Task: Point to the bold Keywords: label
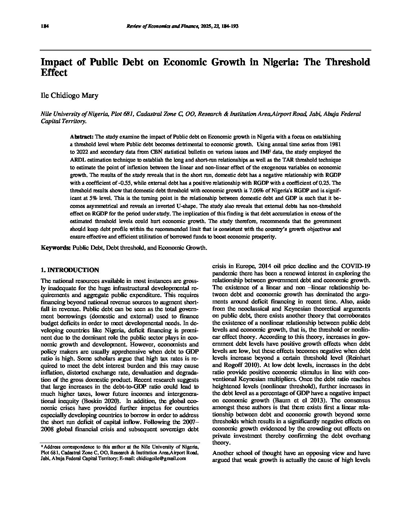pos(56,248)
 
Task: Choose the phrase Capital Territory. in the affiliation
pos(64,121)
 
